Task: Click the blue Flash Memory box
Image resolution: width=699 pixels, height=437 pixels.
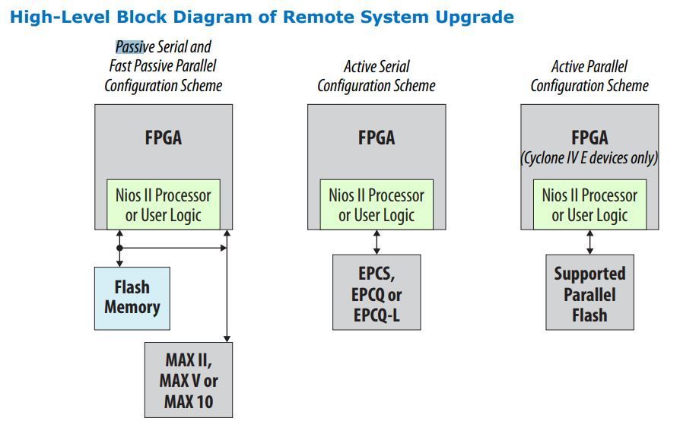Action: pyautogui.click(x=132, y=297)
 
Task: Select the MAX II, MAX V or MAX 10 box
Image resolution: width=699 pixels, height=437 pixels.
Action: pyautogui.click(x=189, y=380)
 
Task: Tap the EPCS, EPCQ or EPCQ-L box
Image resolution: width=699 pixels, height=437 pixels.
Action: pyautogui.click(x=377, y=293)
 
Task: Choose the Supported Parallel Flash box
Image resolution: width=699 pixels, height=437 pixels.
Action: pyautogui.click(x=589, y=293)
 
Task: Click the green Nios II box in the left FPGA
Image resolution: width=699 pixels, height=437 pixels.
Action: pyautogui.click(x=163, y=204)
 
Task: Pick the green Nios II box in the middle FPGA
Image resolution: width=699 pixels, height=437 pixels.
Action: pyautogui.click(x=377, y=204)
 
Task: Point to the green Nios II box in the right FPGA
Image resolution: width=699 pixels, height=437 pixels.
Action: pyautogui.click(x=589, y=204)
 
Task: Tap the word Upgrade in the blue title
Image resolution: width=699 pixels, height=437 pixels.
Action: pyautogui.click(x=472, y=17)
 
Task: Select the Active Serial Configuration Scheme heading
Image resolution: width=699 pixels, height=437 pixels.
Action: pyautogui.click(x=377, y=76)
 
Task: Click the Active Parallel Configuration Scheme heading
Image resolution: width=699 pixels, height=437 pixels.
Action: pyautogui.click(x=589, y=76)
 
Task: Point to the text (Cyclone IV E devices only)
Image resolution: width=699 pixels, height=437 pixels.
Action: pyautogui.click(x=589, y=158)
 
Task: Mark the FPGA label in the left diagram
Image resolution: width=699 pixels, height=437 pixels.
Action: pyautogui.click(x=163, y=138)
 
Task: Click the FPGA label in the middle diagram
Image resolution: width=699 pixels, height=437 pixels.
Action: pyautogui.click(x=377, y=138)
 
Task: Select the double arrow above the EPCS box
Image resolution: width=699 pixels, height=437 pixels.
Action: pyautogui.click(x=377, y=242)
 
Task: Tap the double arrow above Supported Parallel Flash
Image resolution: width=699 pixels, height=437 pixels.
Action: pyautogui.click(x=589, y=242)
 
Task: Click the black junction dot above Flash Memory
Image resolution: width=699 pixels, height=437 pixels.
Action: pyautogui.click(x=119, y=248)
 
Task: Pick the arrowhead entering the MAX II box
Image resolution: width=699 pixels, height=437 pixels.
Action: pyautogui.click(x=226, y=337)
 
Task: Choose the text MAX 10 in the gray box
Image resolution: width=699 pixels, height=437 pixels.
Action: pyautogui.click(x=189, y=401)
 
